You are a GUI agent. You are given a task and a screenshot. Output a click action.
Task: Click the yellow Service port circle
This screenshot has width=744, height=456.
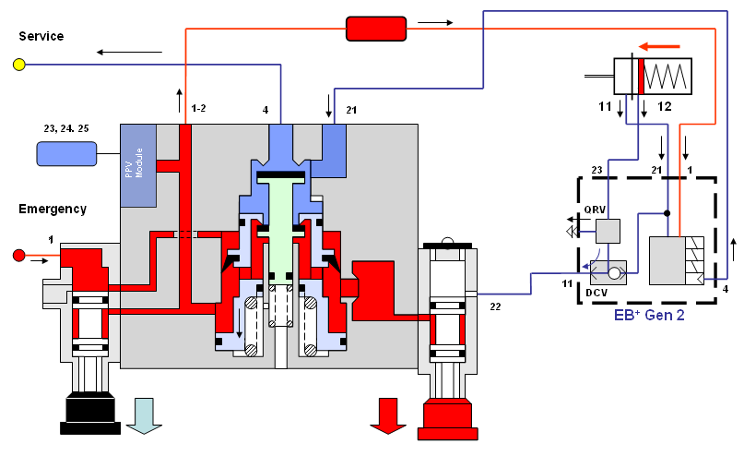(18, 65)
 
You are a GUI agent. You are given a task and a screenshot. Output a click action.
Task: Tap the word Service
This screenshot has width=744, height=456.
(41, 36)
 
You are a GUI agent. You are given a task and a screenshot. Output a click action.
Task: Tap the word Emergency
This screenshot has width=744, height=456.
(53, 209)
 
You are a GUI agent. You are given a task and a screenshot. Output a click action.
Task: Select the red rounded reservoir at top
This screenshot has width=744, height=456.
(375, 30)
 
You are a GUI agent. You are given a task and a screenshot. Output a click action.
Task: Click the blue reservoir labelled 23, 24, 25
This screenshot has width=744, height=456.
(66, 153)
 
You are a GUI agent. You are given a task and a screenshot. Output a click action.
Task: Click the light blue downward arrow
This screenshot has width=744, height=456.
(145, 415)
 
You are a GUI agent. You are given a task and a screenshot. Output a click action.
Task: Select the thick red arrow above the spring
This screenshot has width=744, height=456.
(660, 43)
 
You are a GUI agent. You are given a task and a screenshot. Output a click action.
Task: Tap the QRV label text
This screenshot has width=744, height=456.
(595, 209)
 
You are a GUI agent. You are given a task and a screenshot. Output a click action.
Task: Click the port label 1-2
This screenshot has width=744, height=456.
(198, 109)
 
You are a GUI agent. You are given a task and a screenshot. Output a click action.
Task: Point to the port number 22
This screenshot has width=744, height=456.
(495, 306)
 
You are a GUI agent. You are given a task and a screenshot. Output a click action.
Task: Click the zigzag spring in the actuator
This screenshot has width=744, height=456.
(668, 76)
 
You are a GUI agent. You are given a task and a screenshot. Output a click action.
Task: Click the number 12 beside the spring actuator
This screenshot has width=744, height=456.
(664, 107)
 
